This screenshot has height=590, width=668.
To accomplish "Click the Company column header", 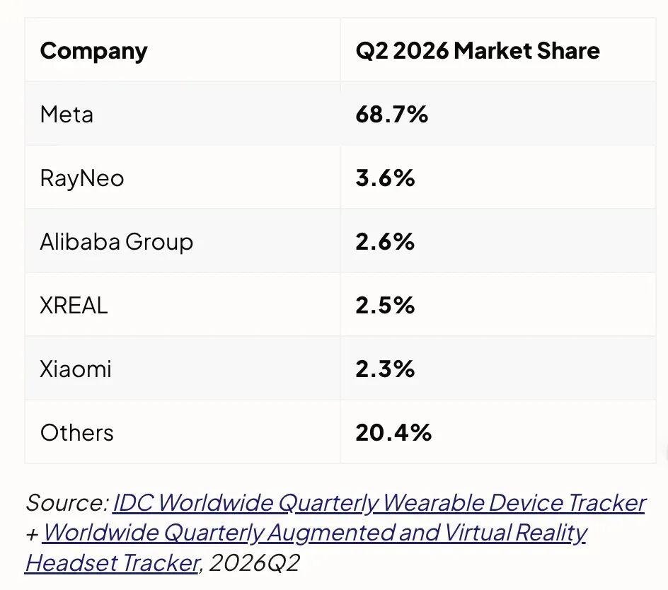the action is (93, 52).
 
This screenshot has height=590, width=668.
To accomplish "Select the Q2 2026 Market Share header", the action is (478, 51).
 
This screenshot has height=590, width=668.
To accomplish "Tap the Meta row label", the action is (67, 115).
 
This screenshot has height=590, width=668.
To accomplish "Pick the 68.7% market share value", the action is (391, 115).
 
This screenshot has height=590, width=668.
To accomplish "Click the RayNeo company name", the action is (82, 178).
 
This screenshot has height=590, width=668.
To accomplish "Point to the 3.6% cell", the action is (385, 178).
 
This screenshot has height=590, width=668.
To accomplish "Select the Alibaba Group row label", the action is (116, 243).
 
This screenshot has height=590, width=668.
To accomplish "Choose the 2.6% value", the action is (385, 241).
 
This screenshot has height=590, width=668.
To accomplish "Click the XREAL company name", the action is (74, 306).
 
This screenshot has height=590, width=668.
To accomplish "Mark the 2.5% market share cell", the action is (385, 306).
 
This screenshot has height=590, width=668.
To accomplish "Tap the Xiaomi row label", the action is (76, 369).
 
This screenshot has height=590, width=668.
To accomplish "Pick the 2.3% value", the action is (385, 369).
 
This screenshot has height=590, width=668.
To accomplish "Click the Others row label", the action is (76, 432).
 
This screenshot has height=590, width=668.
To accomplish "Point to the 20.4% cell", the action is (393, 432).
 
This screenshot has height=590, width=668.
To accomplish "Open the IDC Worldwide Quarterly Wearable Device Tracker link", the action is (379, 503).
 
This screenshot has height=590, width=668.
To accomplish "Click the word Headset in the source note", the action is (70, 562).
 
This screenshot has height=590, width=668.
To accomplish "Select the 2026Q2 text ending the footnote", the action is (254, 562).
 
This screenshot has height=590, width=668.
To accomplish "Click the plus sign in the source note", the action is (33, 534).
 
